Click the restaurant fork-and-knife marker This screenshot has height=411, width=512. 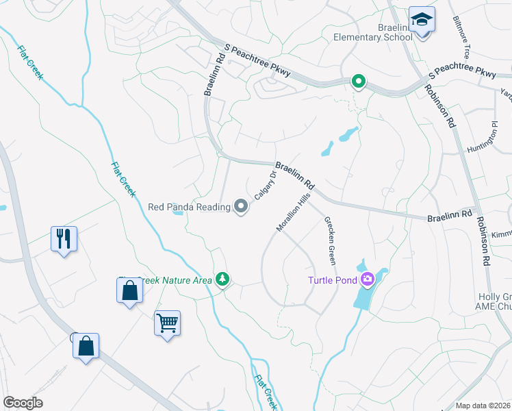[x=64, y=239]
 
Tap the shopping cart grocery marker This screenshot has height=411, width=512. [x=168, y=322]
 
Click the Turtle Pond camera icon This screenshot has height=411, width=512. [x=368, y=278]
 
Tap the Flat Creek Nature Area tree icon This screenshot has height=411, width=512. [x=222, y=279]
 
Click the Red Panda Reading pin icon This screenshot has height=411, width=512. [x=241, y=206]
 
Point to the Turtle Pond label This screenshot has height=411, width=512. [x=332, y=279]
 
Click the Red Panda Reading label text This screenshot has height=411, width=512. [x=189, y=206]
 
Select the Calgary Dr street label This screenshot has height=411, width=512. [x=265, y=185]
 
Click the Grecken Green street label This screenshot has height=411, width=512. [x=330, y=239]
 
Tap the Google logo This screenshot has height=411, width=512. [x=23, y=403]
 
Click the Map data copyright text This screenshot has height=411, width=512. [x=483, y=406]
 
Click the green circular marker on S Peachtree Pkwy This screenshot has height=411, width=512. [x=358, y=82]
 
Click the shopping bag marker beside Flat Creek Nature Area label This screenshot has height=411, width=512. [x=129, y=291]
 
